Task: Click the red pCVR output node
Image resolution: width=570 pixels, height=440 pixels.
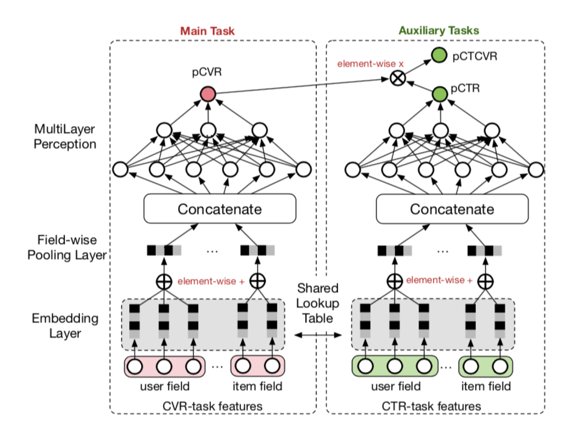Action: click(x=208, y=94)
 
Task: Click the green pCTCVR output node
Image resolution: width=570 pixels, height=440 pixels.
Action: click(x=439, y=55)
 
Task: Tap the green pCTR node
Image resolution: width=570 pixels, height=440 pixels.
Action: click(x=440, y=94)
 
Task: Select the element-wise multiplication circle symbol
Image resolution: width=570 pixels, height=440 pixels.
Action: click(x=398, y=78)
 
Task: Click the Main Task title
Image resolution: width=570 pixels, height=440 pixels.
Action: click(x=207, y=31)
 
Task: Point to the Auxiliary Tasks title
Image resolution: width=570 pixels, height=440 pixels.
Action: click(x=439, y=30)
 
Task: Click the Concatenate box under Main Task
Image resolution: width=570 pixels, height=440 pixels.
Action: click(x=220, y=209)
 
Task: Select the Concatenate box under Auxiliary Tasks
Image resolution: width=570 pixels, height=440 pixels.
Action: click(x=452, y=209)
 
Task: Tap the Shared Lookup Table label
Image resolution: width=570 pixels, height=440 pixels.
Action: click(x=318, y=303)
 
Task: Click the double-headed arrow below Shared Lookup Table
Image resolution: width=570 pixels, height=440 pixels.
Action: click(x=318, y=335)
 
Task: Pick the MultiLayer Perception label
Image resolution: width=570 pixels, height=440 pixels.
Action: click(x=65, y=136)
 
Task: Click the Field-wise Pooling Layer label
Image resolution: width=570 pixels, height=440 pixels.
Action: click(x=67, y=247)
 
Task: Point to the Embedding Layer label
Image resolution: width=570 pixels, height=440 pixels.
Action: click(x=65, y=326)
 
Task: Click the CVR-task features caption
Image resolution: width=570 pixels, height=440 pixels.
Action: click(x=212, y=406)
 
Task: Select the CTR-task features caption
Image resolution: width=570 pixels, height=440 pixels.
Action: click(x=431, y=406)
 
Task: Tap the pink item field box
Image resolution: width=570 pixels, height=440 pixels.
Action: click(x=257, y=366)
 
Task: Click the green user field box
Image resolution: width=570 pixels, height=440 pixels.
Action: click(x=395, y=366)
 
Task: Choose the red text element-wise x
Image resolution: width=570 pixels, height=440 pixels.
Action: click(x=370, y=64)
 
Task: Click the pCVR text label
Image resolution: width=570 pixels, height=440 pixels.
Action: click(x=207, y=72)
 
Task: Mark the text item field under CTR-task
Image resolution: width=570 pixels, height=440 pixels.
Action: click(x=486, y=386)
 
